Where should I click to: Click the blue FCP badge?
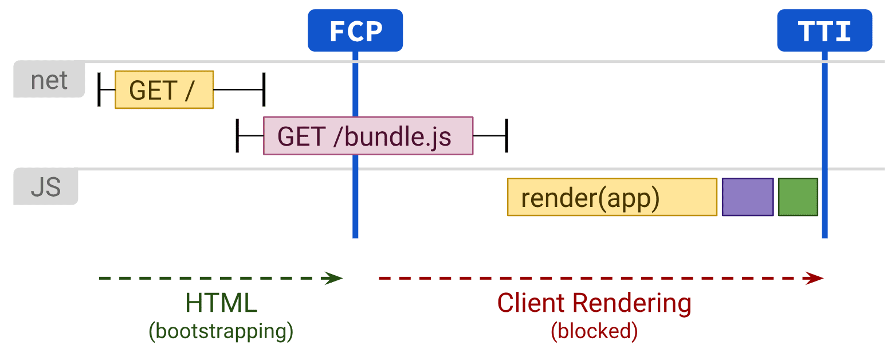pyautogui.click(x=355, y=30)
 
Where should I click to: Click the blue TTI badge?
pyautogui.click(x=824, y=30)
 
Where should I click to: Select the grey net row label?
pyautogui.click(x=49, y=80)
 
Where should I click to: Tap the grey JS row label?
pyautogui.click(x=45, y=187)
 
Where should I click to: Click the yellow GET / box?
pyautogui.click(x=164, y=89)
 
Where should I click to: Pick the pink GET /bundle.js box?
pyautogui.click(x=368, y=136)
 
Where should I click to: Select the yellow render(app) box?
pyautogui.click(x=611, y=197)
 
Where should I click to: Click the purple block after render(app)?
pyautogui.click(x=747, y=197)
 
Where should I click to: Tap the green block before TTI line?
pyautogui.click(x=798, y=197)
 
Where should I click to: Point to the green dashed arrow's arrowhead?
pyautogui.click(x=336, y=279)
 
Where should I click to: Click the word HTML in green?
pyautogui.click(x=221, y=303)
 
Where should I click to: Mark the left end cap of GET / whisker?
pyautogui.click(x=99, y=89)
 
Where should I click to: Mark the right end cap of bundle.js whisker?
pyautogui.click(x=507, y=136)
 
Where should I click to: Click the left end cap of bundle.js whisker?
pyautogui.click(x=237, y=136)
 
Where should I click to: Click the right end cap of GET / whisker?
pyautogui.click(x=264, y=89)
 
